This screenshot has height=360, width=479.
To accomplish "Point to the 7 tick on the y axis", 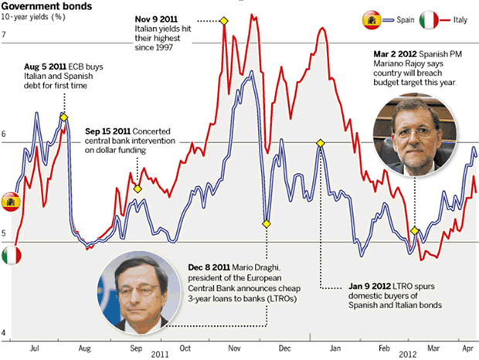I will click(x=4, y=36).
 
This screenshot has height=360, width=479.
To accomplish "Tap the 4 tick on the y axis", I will click(x=4, y=334).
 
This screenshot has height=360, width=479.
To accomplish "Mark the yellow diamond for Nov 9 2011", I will click(x=225, y=22).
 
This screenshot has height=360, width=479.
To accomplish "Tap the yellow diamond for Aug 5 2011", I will click(x=63, y=117).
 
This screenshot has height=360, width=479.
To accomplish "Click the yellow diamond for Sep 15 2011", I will click(x=138, y=188).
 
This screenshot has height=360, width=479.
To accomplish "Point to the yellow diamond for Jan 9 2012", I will click(x=320, y=143).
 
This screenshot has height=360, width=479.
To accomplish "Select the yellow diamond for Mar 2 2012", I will click(x=415, y=231).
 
